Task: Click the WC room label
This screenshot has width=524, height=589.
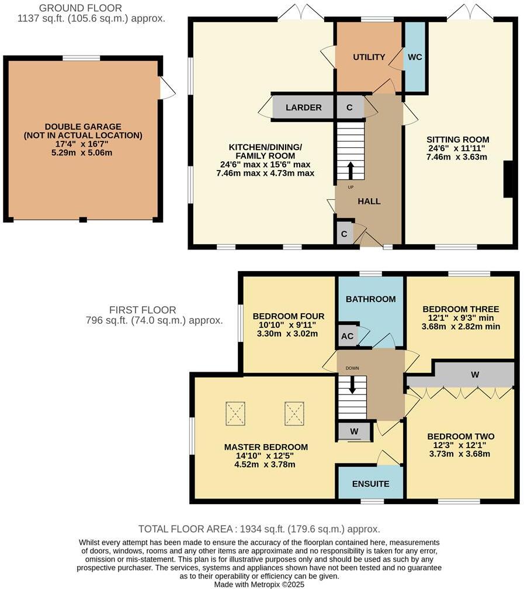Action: point(415,57)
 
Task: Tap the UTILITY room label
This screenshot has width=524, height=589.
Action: point(369,57)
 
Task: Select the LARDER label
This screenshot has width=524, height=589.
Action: point(303,108)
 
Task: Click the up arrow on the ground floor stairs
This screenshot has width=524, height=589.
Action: point(351,170)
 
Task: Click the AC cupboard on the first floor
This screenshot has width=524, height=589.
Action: point(348,335)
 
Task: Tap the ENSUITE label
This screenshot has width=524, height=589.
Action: point(370,484)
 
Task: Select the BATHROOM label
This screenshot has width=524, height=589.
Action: point(370,299)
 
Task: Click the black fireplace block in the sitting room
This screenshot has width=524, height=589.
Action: point(509,179)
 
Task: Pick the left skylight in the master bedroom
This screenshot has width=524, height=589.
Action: point(235,414)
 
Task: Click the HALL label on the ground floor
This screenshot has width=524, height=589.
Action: point(369,201)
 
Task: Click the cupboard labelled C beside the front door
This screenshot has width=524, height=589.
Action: point(344,234)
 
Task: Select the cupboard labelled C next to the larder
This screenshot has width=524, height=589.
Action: point(349,108)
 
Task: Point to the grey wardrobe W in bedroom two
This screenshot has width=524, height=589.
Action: point(475,375)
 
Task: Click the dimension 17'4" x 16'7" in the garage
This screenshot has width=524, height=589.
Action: point(82,144)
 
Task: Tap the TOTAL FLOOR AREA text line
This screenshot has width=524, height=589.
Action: point(262,529)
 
